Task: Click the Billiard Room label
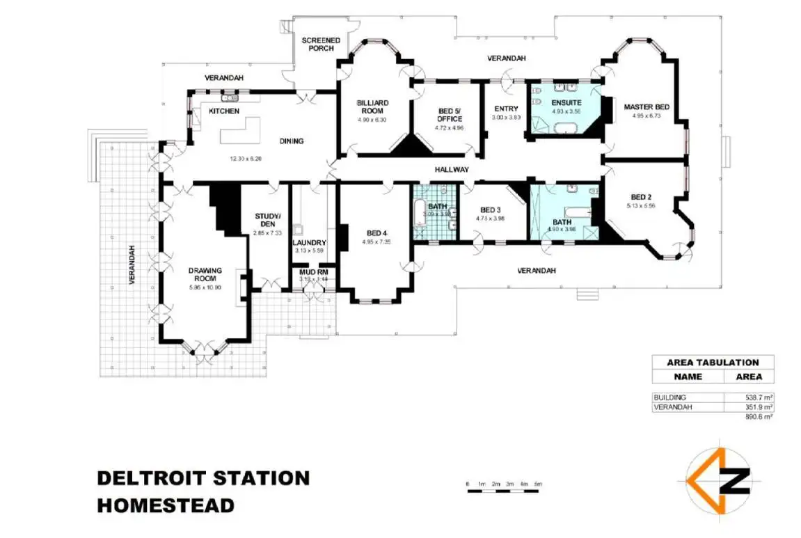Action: (372, 106)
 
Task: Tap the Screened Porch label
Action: (321, 44)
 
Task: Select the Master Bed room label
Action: (646, 106)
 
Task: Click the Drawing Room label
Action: (205, 274)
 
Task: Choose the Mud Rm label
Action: (313, 272)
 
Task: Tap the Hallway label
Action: (452, 170)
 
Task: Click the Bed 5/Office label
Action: (449, 115)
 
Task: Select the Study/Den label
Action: (267, 219)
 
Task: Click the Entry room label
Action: (506, 109)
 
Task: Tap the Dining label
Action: (292, 141)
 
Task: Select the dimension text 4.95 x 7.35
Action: (376, 242)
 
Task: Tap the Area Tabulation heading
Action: (713, 362)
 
